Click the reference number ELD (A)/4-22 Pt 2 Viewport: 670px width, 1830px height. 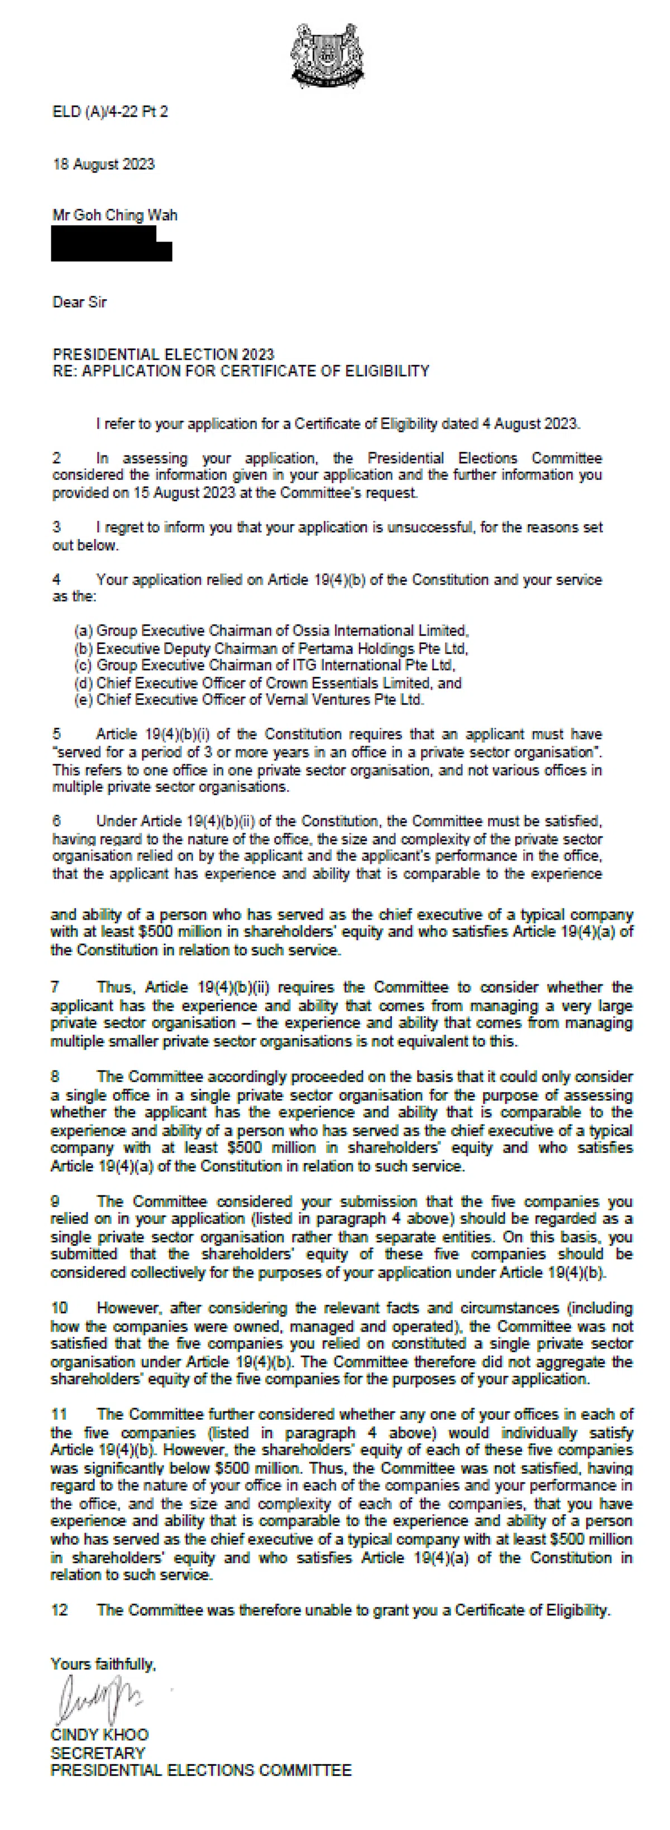110,112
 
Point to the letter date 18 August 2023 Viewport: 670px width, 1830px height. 104,164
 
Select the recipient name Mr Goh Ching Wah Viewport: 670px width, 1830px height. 115,215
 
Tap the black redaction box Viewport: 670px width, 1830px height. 111,243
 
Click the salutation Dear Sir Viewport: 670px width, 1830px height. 80,302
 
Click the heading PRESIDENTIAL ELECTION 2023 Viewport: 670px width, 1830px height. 164,354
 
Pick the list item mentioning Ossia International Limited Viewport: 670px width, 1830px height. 271,631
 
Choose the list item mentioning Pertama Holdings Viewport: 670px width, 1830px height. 271,649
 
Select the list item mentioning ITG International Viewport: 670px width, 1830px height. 265,666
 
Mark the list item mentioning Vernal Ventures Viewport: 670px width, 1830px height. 250,700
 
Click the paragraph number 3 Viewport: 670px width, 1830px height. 57,527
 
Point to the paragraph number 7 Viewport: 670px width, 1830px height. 55,987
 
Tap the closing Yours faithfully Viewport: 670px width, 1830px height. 103,1664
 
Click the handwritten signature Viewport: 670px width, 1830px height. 99,1698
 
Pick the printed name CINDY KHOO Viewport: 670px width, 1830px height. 99,1734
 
